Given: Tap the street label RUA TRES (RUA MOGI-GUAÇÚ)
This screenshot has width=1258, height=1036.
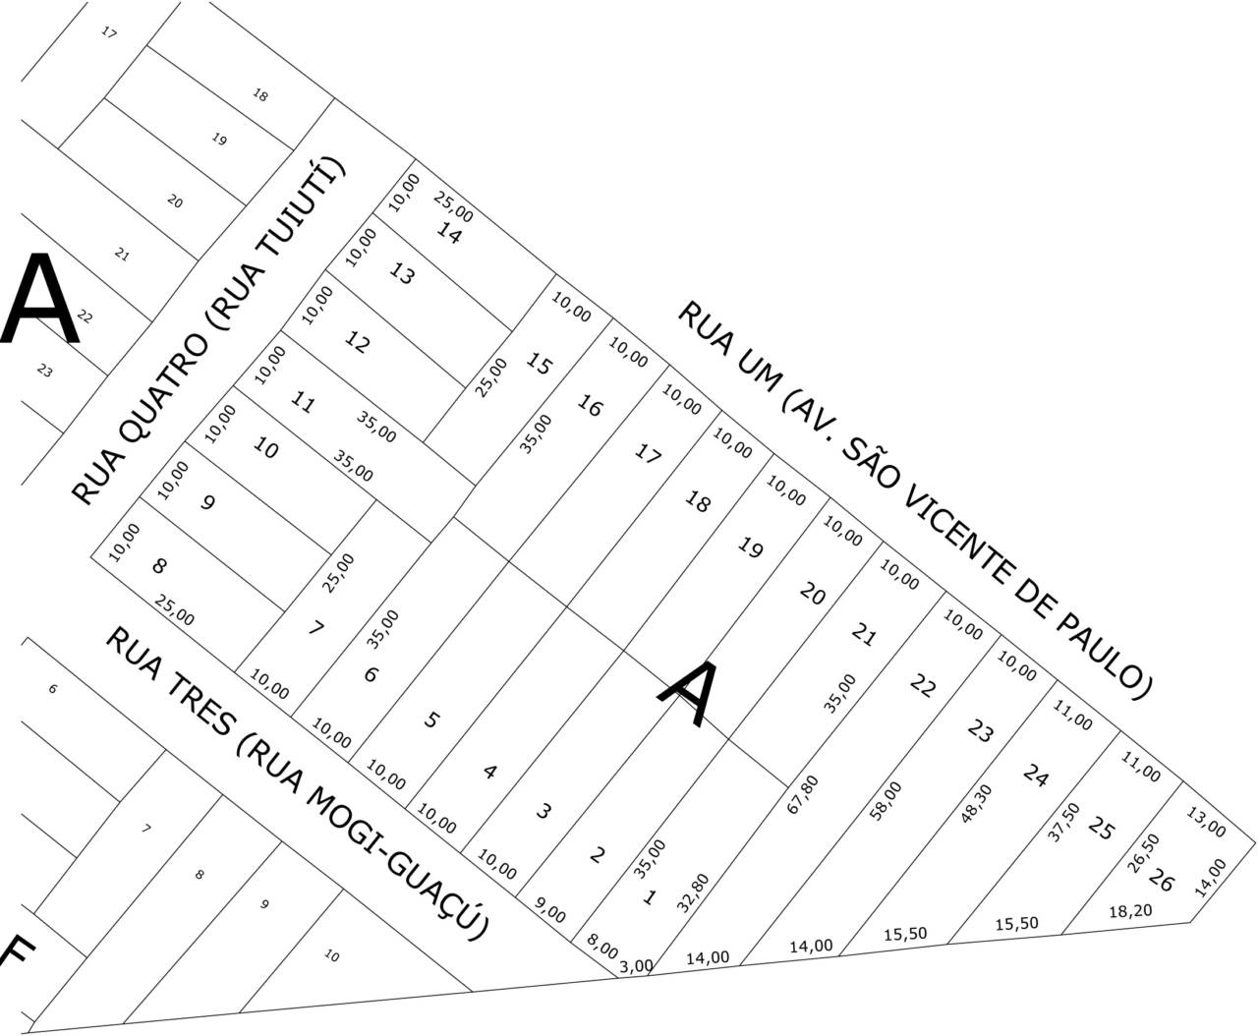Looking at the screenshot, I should (296, 782).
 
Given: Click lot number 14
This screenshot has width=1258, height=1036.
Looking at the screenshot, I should (448, 234).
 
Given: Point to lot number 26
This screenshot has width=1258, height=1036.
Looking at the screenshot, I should (1162, 882).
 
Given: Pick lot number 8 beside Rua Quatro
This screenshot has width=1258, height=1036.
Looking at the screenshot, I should (159, 566).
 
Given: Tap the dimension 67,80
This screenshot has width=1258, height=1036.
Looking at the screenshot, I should (803, 794).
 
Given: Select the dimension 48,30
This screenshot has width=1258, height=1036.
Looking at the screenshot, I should (977, 803).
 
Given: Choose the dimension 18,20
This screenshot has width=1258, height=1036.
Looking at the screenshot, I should (1130, 911).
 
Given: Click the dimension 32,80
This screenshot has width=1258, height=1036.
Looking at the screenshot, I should (692, 892).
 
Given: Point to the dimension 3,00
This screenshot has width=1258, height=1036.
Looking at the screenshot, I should (636, 966).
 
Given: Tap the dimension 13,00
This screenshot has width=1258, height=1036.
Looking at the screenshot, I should (1206, 823).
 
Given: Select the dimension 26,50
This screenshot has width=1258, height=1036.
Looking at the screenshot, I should (1143, 852).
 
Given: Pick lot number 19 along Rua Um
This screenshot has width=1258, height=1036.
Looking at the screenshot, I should (750, 548).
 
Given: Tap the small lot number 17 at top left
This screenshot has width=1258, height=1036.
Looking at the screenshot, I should (109, 33).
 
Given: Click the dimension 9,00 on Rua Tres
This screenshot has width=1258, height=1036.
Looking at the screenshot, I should (549, 909).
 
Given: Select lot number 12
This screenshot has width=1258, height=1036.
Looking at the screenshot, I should (358, 342).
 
